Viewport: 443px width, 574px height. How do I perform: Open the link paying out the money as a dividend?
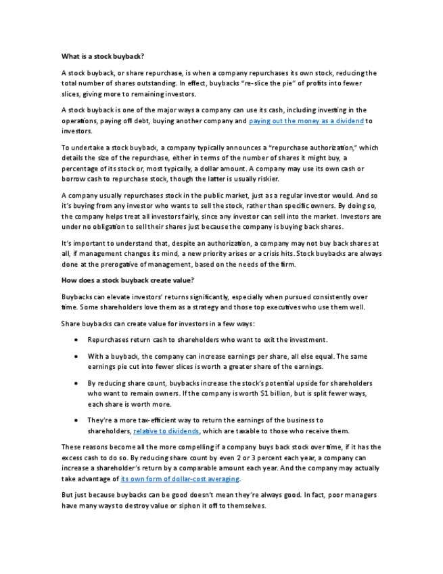[306, 121]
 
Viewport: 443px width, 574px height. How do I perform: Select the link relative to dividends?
[166, 431]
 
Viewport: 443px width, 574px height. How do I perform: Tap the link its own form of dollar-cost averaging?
[180, 479]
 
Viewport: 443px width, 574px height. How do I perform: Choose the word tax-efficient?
[149, 420]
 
